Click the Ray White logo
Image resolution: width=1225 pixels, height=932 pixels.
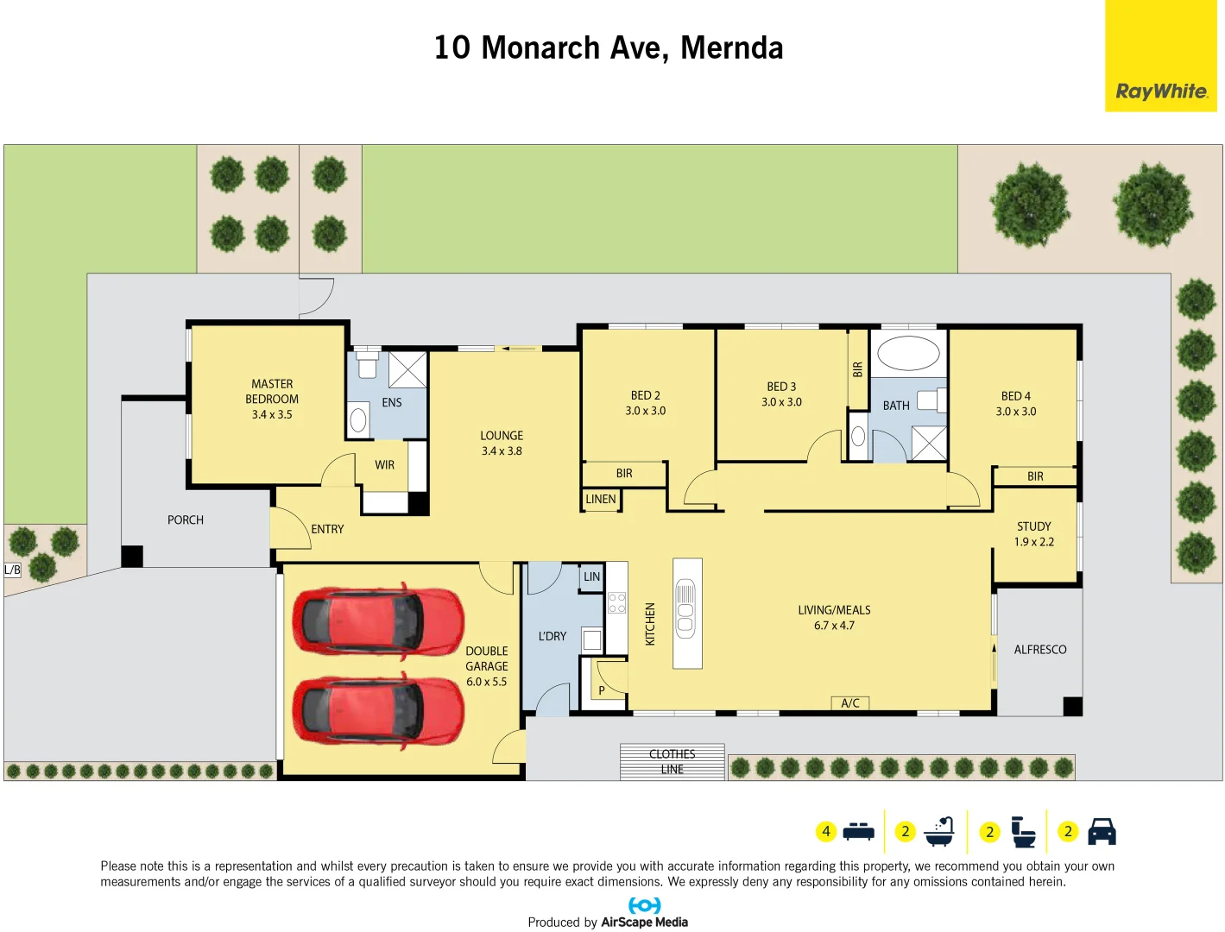[1160, 91]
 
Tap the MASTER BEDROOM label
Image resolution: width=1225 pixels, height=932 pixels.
[272, 392]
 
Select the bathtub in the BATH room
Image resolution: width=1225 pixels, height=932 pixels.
[908, 354]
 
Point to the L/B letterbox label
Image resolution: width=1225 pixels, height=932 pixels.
[12, 570]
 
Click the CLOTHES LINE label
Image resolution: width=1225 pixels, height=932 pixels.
[672, 761]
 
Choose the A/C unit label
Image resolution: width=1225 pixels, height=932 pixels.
[850, 703]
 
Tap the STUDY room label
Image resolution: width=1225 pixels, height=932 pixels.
[1033, 526]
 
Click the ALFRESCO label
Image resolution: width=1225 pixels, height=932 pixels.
[1039, 650]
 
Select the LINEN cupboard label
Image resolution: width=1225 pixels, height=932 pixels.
[601, 500]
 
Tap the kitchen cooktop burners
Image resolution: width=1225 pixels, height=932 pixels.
[616, 602]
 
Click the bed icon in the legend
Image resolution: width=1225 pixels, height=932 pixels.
[858, 832]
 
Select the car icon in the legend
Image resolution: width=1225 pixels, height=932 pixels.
[1102, 832]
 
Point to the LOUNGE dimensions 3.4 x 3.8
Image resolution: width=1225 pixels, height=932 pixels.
[502, 451]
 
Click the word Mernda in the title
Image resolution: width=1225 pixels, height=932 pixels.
[731, 48]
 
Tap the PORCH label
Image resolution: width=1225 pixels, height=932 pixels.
[186, 520]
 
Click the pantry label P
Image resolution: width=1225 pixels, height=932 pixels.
[602, 690]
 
